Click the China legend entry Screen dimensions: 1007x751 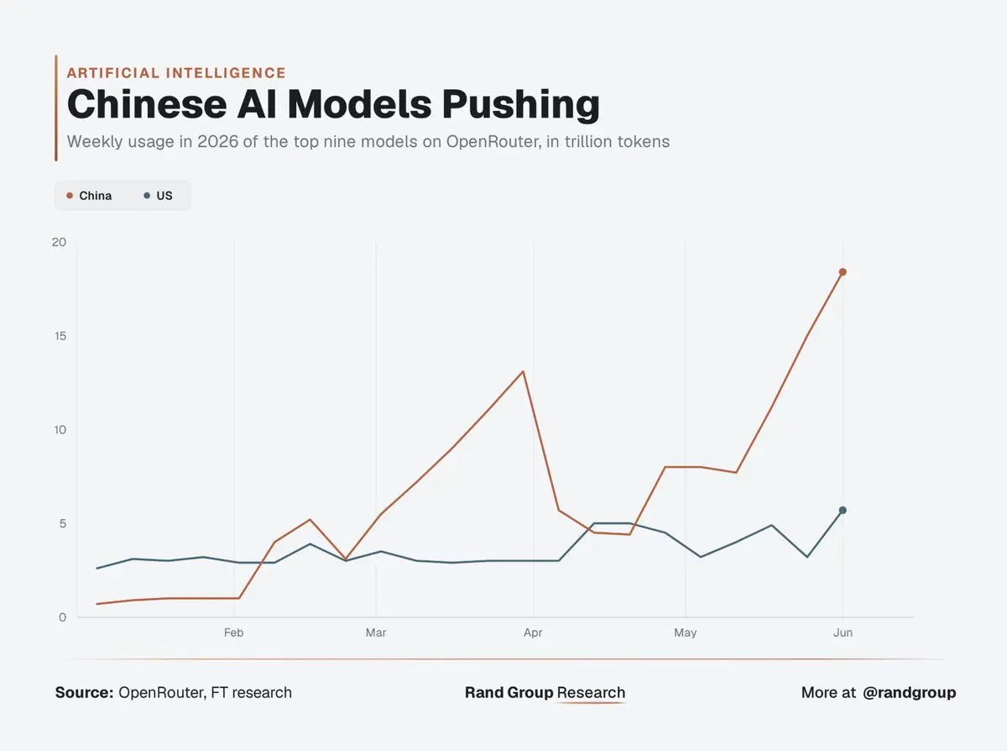[89, 196]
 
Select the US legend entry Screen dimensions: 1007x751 [158, 196]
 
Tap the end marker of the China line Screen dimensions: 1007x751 [843, 272]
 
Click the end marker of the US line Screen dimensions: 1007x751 [843, 510]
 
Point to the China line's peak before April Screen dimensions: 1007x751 [523, 371]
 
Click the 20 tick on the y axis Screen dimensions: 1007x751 [59, 242]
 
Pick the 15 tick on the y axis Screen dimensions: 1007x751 [60, 336]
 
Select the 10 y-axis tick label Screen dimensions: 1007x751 [60, 429]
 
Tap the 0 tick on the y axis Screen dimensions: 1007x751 [63, 617]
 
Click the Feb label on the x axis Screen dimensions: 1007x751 [234, 633]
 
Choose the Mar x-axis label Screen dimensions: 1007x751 [376, 633]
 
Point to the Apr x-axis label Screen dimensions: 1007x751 [533, 633]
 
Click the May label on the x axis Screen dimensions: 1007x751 [685, 633]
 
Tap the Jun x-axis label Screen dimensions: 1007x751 [843, 633]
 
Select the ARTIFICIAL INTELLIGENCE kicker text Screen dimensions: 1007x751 [176, 73]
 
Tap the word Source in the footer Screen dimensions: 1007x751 [85, 692]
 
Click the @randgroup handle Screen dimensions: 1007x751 [909, 693]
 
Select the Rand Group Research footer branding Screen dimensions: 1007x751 [545, 692]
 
